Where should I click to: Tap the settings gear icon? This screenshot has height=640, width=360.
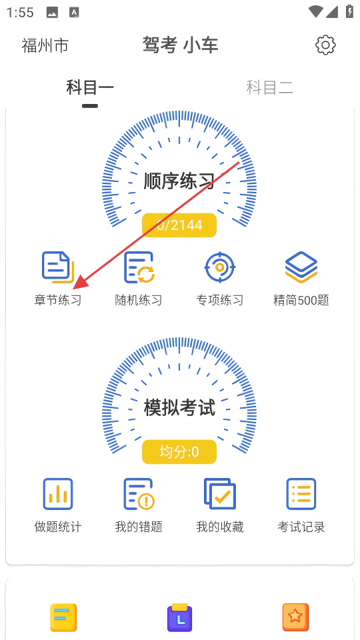click(325, 45)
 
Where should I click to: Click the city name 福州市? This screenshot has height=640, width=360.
click(45, 45)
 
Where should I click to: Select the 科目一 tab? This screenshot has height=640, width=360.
click(90, 87)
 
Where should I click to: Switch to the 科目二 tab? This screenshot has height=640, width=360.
click(269, 87)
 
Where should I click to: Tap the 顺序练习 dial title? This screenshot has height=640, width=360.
click(179, 181)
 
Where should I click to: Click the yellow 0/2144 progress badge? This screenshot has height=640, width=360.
click(179, 225)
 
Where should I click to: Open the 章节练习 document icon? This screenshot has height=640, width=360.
click(58, 267)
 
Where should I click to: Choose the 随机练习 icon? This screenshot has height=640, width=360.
click(139, 267)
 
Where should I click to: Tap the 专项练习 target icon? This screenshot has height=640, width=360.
click(219, 267)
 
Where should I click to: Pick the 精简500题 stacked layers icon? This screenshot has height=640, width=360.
click(301, 267)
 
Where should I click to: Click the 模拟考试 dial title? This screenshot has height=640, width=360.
click(179, 408)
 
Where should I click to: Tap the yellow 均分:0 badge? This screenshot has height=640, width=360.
click(179, 452)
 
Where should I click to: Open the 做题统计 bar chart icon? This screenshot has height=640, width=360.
click(58, 494)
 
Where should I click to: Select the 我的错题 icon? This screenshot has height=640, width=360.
click(139, 494)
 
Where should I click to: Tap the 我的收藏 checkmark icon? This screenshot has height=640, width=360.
click(219, 494)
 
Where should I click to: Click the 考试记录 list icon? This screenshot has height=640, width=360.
click(301, 494)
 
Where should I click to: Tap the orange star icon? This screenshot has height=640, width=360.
click(296, 617)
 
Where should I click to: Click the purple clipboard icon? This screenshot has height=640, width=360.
click(179, 617)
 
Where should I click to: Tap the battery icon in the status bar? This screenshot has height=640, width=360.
click(349, 11)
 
